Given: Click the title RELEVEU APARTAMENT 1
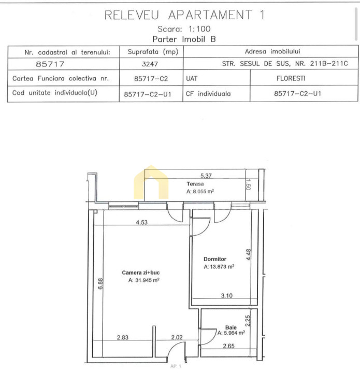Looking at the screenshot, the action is (184, 15).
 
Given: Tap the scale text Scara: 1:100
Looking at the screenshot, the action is (184, 29).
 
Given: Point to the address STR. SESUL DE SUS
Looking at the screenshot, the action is (256, 64).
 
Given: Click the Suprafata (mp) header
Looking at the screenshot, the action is (153, 52).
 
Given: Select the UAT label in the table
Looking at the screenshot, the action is (192, 79).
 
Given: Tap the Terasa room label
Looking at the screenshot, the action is (195, 184).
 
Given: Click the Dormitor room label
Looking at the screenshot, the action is (215, 259).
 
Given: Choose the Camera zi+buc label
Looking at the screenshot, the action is (141, 272).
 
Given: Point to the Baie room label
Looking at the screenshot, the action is (231, 327).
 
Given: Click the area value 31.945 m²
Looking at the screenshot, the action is (144, 280).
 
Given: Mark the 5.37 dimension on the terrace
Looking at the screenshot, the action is (206, 176).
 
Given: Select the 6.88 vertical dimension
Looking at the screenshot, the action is (100, 284).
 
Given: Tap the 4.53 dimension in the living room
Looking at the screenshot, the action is (142, 222).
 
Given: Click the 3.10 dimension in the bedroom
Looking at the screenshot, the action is (226, 296).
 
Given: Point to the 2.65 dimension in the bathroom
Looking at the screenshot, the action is (228, 346).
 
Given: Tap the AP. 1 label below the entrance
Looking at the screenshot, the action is (176, 366).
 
